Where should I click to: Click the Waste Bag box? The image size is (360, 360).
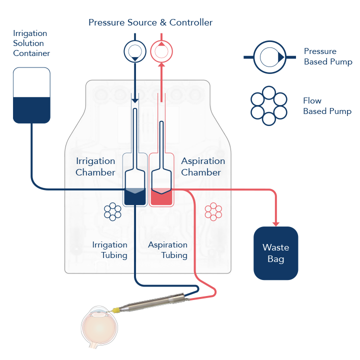(275, 253)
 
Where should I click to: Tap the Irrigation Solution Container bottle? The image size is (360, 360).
(31, 95)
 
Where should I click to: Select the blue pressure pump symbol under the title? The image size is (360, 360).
(135, 51)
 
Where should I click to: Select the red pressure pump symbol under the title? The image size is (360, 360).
(161, 51)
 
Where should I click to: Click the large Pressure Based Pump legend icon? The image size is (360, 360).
(270, 57)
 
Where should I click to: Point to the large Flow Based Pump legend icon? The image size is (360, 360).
(269, 106)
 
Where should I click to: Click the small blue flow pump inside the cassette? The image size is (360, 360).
(112, 211)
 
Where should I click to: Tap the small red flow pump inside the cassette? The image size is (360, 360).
(213, 211)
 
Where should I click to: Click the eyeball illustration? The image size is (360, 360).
(99, 327)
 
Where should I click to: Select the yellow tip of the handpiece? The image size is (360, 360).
(115, 311)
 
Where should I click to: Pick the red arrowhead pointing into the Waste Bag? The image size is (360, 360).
(275, 224)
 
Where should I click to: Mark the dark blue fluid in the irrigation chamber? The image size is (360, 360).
(135, 196)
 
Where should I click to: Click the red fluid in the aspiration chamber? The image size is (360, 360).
(161, 197)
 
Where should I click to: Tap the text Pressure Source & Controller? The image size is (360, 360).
(150, 22)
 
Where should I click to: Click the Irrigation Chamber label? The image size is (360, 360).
(95, 166)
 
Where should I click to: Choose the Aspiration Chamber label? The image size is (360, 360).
(203, 166)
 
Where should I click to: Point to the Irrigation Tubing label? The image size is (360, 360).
(109, 250)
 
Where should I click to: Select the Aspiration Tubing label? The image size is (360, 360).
(168, 250)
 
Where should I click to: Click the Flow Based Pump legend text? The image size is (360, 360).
(327, 106)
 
